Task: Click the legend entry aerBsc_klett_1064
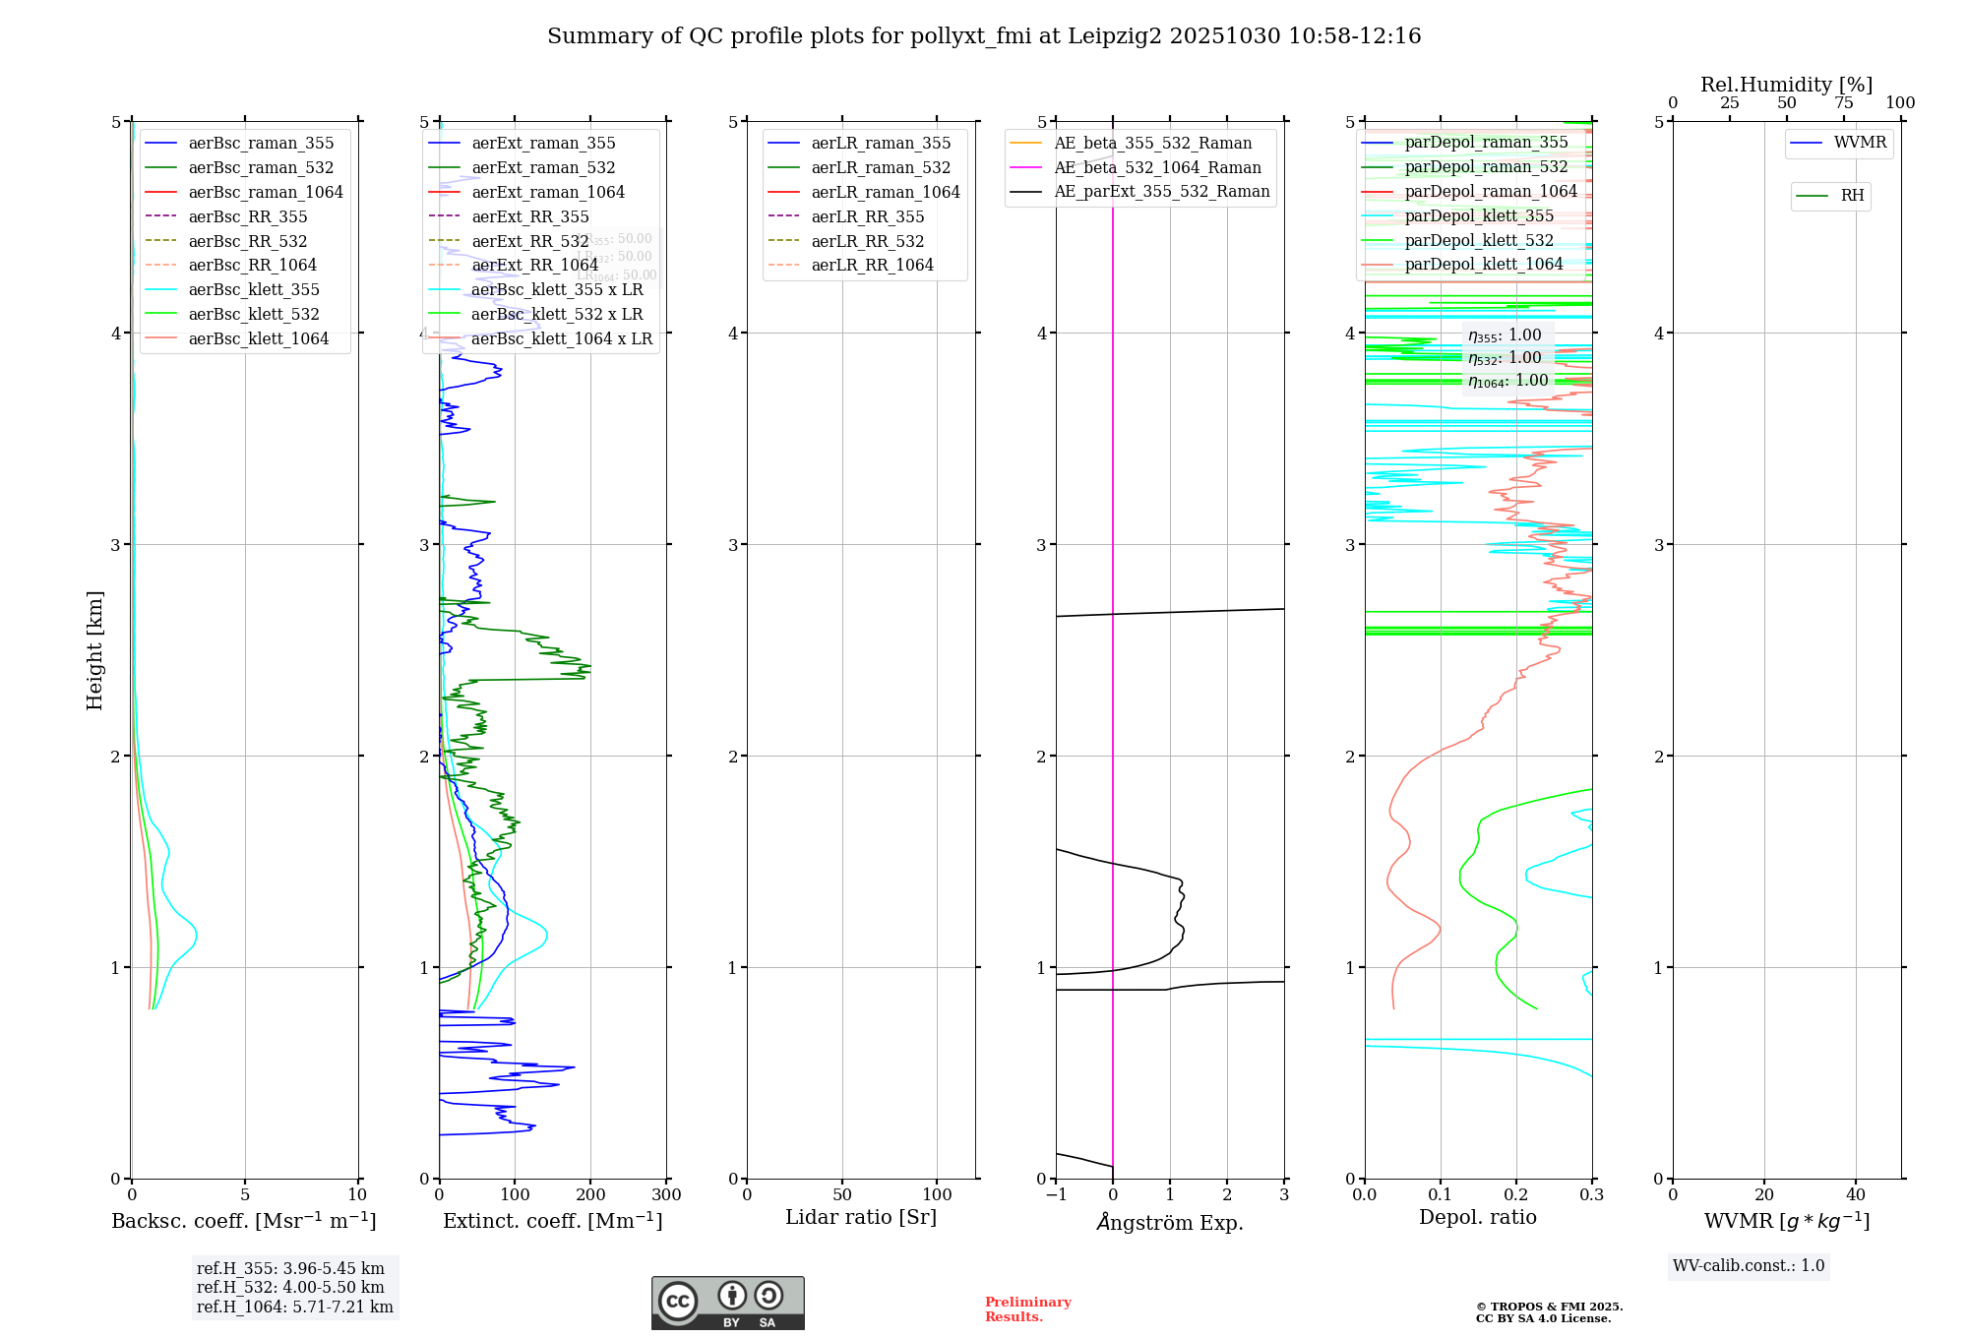[258, 338]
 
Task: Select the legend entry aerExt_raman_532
[543, 168]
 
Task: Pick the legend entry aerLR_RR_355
[867, 216]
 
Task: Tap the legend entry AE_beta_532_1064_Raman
[1157, 168]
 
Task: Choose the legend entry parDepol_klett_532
[1478, 240]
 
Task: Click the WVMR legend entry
[1859, 143]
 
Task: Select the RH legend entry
[1851, 196]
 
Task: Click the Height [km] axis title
[94, 650]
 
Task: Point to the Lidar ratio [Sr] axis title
[860, 1217]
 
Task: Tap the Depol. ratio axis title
[1477, 1217]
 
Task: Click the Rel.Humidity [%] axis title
[1786, 85]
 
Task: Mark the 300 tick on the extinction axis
[666, 1195]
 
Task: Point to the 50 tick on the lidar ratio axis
[842, 1195]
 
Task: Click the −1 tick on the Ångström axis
[1056, 1195]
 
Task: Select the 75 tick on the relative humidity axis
[1843, 103]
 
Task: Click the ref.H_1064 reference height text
[294, 1308]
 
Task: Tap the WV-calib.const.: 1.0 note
[1749, 1266]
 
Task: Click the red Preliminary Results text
[1027, 1309]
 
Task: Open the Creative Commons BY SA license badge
[727, 1304]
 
